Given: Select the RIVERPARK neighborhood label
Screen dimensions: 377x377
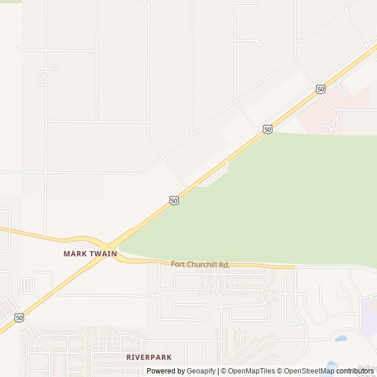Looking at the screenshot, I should [149, 357].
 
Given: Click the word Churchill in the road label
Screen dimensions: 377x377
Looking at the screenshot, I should [202, 264].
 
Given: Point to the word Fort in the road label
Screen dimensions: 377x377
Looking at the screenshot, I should [178, 264].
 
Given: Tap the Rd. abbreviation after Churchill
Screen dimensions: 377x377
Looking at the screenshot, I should [224, 264].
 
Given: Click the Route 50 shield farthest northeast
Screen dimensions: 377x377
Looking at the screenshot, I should [320, 89].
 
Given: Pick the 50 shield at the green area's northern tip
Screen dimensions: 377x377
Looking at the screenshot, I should [268, 129].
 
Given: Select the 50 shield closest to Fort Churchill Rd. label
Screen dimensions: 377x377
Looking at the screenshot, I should [174, 201].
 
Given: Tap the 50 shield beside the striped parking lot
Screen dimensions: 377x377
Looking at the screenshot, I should [19, 318].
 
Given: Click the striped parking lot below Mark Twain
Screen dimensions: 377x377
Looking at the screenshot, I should [27, 286].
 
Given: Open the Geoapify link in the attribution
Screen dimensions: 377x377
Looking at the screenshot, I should [201, 371].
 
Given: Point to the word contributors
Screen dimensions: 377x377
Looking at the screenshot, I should [355, 371].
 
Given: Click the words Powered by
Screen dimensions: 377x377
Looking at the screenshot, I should [166, 371].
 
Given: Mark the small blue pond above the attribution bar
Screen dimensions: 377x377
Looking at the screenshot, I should [340, 339].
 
